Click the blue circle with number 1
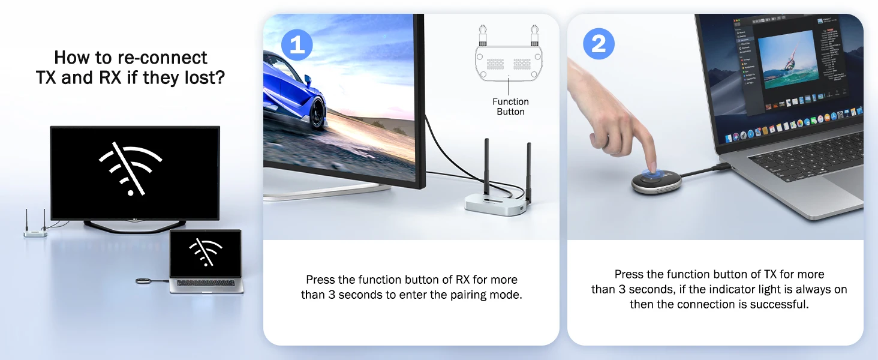click(x=297, y=44)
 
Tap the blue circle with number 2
click(x=599, y=44)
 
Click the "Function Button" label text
click(x=510, y=107)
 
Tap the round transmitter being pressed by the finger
click(x=657, y=179)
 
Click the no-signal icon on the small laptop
click(x=206, y=251)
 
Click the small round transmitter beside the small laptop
click(x=143, y=280)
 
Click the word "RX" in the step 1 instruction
click(x=463, y=280)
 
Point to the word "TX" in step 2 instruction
click(x=771, y=274)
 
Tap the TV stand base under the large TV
click(x=134, y=226)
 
